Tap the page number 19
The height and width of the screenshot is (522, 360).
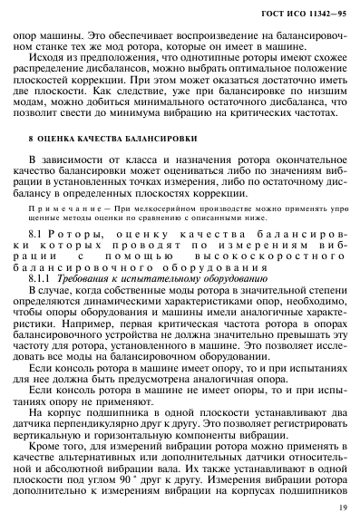click(338, 509)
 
